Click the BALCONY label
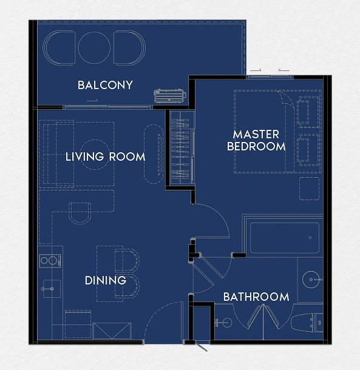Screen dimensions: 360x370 pos(105,85)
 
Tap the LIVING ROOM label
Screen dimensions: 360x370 pos(105,156)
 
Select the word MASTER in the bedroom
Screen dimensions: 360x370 pos(256,135)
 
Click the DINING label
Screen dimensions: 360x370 pos(106,280)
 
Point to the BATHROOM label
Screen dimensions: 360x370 pos(256,297)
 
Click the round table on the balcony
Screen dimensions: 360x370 pos(94,48)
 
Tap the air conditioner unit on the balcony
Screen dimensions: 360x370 pos(169,96)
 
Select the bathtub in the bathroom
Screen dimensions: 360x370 pos(285,238)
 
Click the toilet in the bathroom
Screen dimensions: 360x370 pos(307,322)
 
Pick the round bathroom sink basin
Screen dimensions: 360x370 pos(311,280)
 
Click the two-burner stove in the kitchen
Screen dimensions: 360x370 pos(50,261)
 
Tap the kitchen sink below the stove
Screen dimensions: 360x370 pos(52,289)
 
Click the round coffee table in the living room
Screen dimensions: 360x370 pos(95,155)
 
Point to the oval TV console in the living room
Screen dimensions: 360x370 pos(154,154)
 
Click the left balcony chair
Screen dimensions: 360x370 pos(59,48)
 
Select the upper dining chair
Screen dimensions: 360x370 pos(127,260)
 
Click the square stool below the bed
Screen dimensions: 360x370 pos(309,189)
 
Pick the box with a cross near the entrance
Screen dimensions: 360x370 pos(112,331)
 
